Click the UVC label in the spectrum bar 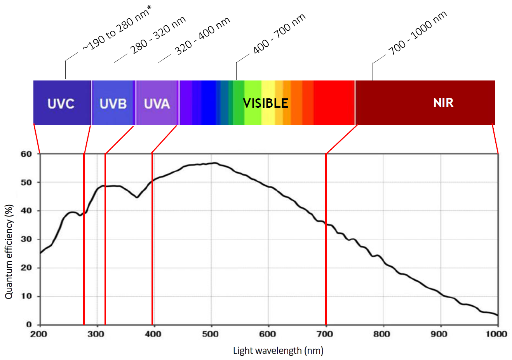pos(61,104)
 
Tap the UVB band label pos(113,104)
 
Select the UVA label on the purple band pos(157,104)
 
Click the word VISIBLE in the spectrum pos(266,103)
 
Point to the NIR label pos(443,103)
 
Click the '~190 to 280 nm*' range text pos(117,29)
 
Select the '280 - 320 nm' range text pos(158,35)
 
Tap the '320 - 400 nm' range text pos(202,36)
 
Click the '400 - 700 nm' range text pos(279,34)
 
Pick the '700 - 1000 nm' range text pos(418,33)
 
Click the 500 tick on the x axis pos(210,334)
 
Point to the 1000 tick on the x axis pos(496,334)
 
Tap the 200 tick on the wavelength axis pos(39,334)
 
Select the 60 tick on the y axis pos(26,154)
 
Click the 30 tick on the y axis pos(26,239)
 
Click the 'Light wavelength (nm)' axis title pos(278,351)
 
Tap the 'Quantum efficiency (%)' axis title pos(9,252)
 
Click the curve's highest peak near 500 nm pos(214,163)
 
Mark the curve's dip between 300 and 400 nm pos(137,197)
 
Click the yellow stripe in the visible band pos(268,103)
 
